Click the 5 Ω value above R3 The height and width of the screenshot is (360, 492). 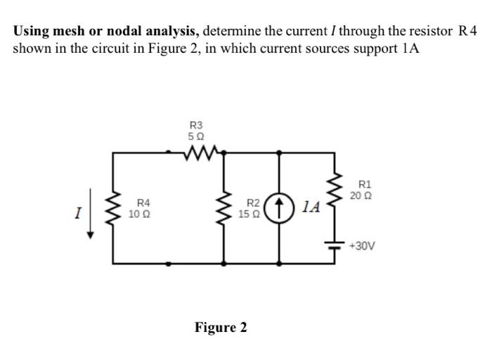(x=198, y=135)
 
